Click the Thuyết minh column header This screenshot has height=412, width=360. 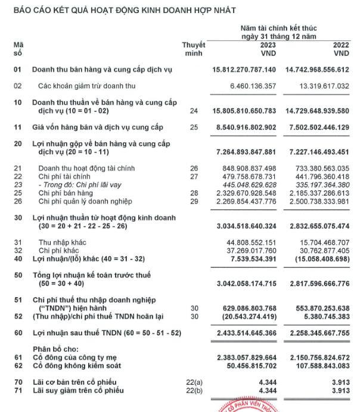click(x=194, y=49)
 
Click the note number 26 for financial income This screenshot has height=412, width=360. click(x=193, y=168)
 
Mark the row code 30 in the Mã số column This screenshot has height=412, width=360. click(x=17, y=218)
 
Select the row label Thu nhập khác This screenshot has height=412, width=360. click(x=60, y=243)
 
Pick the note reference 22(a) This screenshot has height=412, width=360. click(x=194, y=381)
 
